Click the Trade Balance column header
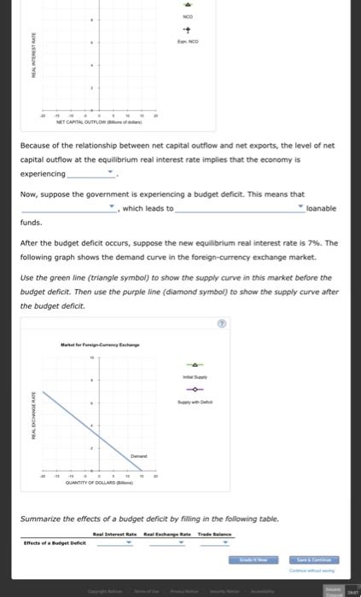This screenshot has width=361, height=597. [213, 533]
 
